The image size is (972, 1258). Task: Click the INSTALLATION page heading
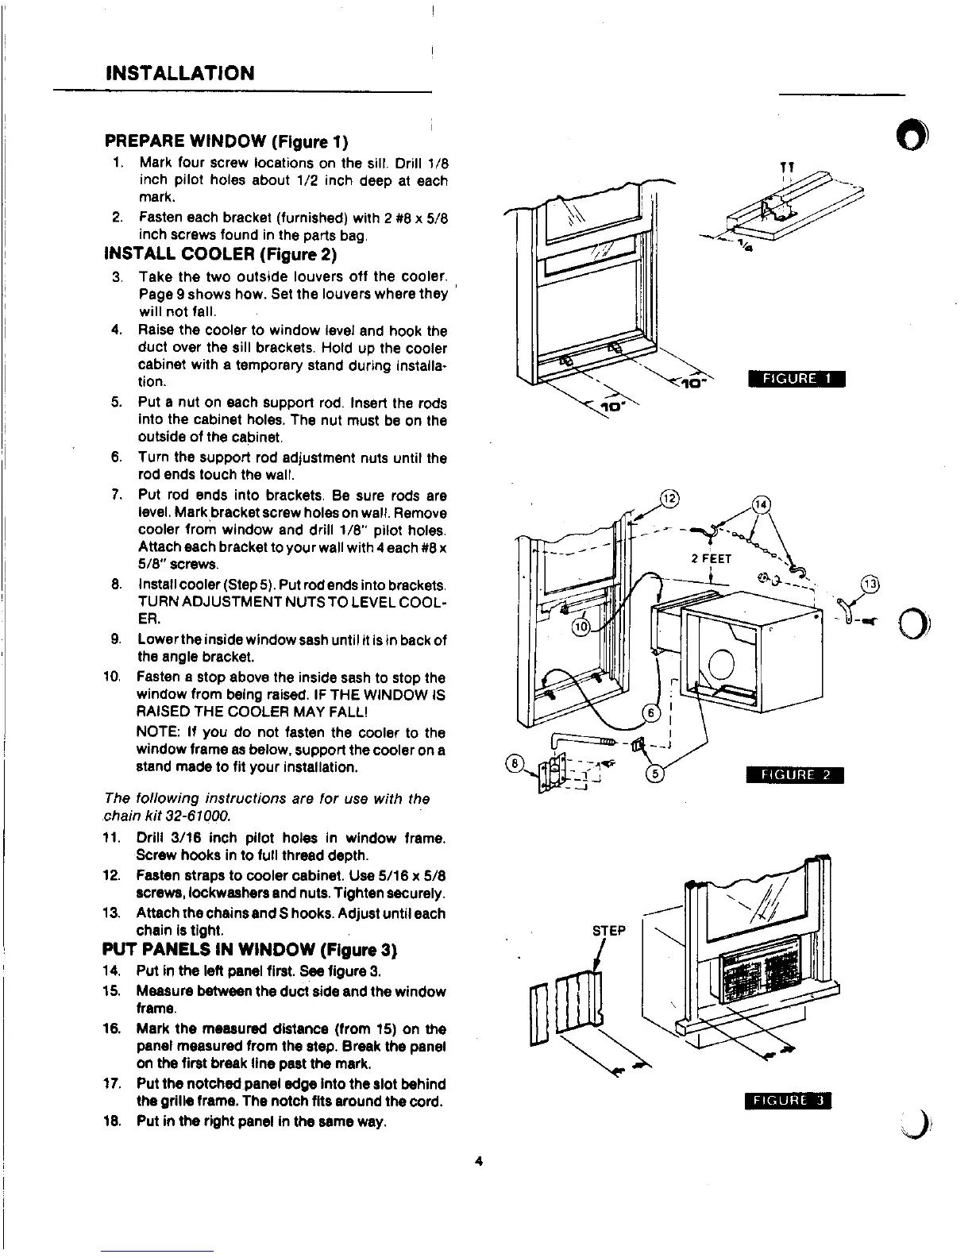179,74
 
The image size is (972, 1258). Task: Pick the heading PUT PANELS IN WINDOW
249,950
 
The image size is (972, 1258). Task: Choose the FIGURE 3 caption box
788,1100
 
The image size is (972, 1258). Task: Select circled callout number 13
871,585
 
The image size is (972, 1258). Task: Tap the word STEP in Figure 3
609,930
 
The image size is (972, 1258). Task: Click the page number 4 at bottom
478,1161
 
